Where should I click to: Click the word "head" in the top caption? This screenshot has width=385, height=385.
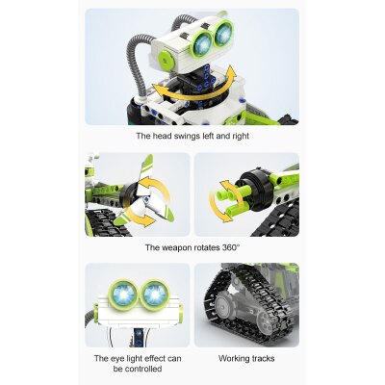[x=159, y=136]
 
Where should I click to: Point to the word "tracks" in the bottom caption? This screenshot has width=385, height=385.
[x=263, y=358]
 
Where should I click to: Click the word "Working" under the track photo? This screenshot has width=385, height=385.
[x=231, y=358]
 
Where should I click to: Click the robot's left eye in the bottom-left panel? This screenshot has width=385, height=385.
[x=124, y=293]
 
